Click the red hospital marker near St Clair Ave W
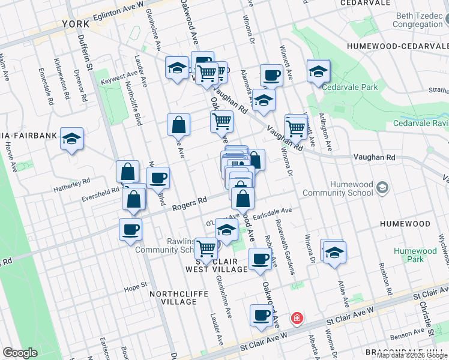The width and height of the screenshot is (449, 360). [x=296, y=317]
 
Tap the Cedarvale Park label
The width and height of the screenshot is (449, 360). [x=350, y=87]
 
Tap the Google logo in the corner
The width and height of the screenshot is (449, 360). [x=20, y=353]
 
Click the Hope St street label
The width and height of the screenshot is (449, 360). [x=136, y=286]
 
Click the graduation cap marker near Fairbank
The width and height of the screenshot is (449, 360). [x=71, y=139]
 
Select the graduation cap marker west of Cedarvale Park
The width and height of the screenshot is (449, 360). [x=318, y=71]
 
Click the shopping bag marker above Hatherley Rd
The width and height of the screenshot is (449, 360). [x=128, y=171]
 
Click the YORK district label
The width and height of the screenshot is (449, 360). [x=75, y=25]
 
